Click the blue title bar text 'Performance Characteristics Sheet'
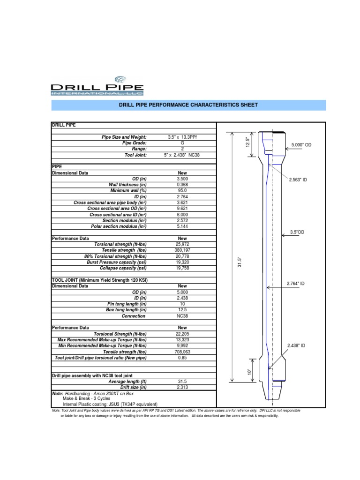[188, 105]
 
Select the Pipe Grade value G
[182, 142]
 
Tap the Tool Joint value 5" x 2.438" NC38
[182, 155]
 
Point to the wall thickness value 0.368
[182, 185]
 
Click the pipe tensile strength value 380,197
[182, 250]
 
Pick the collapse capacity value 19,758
[182, 268]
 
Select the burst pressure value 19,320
[182, 262]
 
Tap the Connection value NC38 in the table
[182, 315]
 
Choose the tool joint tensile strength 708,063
[182, 352]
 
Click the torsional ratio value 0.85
[182, 358]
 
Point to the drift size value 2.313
[182, 387]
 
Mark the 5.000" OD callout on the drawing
[301, 145]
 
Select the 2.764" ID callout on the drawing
[296, 283]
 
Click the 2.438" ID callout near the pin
[296, 345]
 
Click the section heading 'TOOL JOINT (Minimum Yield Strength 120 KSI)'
[103, 280]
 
